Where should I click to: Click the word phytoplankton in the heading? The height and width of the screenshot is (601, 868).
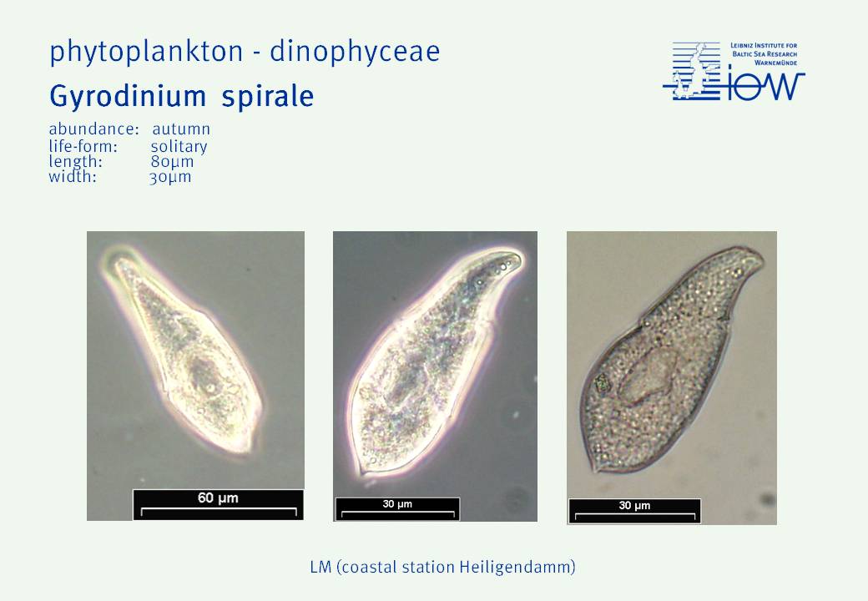pyautogui.click(x=146, y=52)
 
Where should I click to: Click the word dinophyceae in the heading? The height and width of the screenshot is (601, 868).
pyautogui.click(x=355, y=52)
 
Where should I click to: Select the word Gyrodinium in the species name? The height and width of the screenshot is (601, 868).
pyautogui.click(x=128, y=97)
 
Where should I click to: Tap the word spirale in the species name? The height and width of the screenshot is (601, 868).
pyautogui.click(x=268, y=97)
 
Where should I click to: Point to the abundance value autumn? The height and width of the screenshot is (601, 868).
pyautogui.click(x=181, y=129)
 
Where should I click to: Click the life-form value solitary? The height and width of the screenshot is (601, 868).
pyautogui.click(x=179, y=147)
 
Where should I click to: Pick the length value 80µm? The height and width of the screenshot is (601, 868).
pyautogui.click(x=172, y=162)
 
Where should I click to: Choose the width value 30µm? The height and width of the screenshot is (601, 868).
pyautogui.click(x=170, y=177)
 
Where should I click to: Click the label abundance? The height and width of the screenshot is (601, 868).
pyautogui.click(x=93, y=129)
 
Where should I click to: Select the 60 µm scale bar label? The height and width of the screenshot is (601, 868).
pyautogui.click(x=218, y=498)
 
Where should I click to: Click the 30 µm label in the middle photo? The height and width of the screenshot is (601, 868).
pyautogui.click(x=397, y=503)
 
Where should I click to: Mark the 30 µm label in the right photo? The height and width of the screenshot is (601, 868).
pyautogui.click(x=634, y=505)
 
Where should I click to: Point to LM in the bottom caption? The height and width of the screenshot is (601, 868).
pyautogui.click(x=320, y=568)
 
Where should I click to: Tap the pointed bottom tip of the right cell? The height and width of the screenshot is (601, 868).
pyautogui.click(x=596, y=472)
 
